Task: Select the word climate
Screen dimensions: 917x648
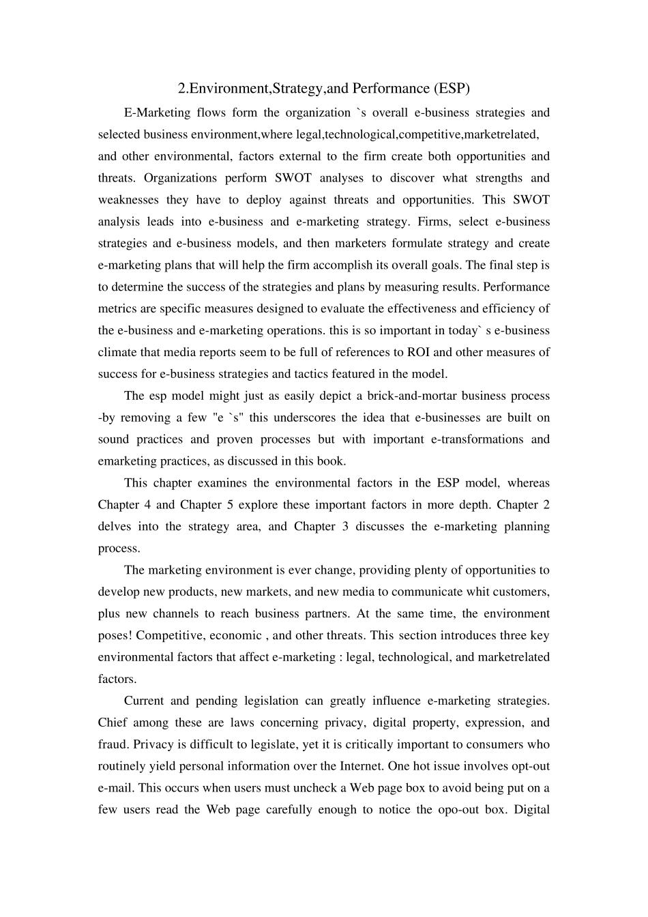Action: pyautogui.click(x=117, y=352)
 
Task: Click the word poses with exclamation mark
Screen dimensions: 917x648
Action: pyautogui.click(x=115, y=636)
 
